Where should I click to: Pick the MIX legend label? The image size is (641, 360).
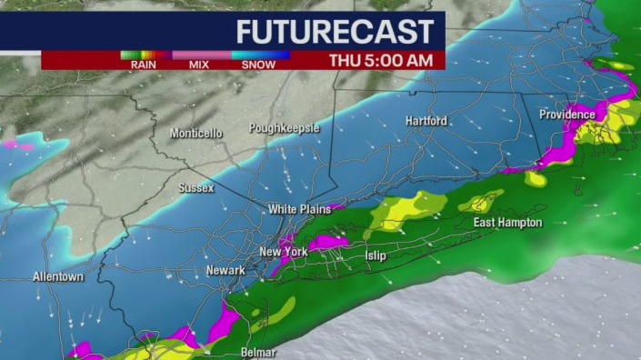[x=198, y=65]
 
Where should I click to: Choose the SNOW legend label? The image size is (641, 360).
[x=259, y=65]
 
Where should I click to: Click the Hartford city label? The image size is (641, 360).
[x=426, y=120]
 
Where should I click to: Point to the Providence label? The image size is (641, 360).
[x=566, y=115]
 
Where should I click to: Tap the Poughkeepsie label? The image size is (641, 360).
[x=284, y=128]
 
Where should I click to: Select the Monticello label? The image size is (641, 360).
[x=195, y=134]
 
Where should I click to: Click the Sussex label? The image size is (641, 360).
[x=196, y=188]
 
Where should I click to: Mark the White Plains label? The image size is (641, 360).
[x=295, y=209]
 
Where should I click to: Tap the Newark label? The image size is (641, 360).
[x=225, y=270]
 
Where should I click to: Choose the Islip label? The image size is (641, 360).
[x=376, y=255]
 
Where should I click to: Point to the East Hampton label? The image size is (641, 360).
[x=507, y=222]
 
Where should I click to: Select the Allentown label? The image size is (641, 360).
[x=58, y=276]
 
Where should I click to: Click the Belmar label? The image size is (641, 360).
[x=256, y=351]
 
